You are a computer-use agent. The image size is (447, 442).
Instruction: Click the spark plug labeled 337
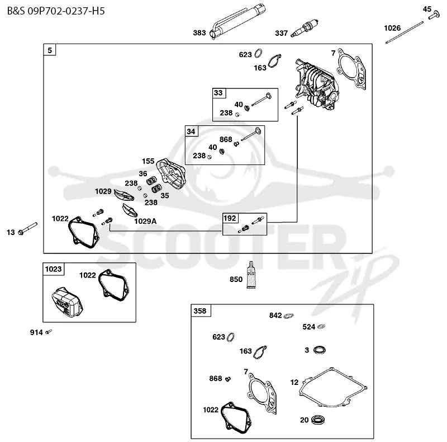(x=305, y=29)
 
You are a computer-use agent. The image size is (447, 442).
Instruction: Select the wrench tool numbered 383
(x=237, y=21)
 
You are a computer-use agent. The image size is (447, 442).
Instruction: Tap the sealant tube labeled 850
(x=251, y=274)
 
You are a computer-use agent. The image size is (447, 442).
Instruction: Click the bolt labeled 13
(x=27, y=229)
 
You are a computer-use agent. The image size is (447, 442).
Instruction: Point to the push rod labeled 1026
(x=405, y=32)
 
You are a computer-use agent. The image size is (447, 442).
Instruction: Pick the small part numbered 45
(x=434, y=15)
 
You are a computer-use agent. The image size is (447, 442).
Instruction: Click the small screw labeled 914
(x=49, y=331)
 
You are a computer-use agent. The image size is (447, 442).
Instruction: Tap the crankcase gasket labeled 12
(x=333, y=387)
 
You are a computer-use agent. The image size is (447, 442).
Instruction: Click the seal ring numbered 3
(x=319, y=350)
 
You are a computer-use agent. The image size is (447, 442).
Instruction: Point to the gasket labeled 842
(x=288, y=316)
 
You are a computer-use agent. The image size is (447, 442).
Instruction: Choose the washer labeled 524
(x=321, y=326)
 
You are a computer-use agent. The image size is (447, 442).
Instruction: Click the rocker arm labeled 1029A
(x=130, y=210)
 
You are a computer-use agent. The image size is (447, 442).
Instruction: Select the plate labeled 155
(x=171, y=173)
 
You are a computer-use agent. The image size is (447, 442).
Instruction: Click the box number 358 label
(x=200, y=311)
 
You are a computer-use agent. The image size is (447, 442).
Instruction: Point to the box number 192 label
(x=230, y=218)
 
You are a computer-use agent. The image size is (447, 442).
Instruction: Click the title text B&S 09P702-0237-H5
(x=56, y=11)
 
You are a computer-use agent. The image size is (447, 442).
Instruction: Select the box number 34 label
(x=191, y=131)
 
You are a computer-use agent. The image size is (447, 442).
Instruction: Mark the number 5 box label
(x=50, y=50)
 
